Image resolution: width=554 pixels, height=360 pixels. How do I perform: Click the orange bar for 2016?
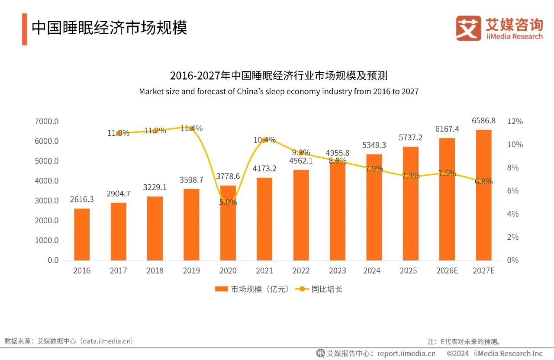click(82, 234)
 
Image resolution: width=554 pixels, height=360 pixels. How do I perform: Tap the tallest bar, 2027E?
click(484, 195)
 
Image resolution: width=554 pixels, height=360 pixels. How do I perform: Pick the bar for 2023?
click(338, 212)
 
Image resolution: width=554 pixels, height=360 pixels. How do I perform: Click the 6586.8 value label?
click(484, 121)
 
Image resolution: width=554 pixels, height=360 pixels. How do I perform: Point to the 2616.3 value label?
click(82, 199)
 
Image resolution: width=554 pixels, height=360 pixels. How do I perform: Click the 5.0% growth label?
click(228, 202)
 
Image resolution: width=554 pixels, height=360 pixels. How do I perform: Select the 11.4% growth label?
click(191, 128)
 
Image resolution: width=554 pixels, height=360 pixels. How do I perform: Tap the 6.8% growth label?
click(483, 182)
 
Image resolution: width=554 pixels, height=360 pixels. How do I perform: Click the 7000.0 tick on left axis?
click(46, 121)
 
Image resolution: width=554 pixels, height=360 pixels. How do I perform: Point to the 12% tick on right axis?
click(515, 121)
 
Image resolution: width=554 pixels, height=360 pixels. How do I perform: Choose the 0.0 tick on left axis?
click(53, 260)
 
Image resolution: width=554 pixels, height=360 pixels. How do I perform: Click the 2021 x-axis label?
click(264, 271)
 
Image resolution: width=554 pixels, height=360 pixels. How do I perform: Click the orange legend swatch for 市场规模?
click(221, 289)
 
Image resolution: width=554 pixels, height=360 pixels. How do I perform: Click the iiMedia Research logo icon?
click(468, 28)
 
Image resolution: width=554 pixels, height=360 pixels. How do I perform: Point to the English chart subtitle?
click(279, 92)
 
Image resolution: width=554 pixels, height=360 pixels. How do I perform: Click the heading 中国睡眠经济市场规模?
click(110, 28)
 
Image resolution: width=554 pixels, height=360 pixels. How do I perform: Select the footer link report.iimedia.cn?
click(406, 354)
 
